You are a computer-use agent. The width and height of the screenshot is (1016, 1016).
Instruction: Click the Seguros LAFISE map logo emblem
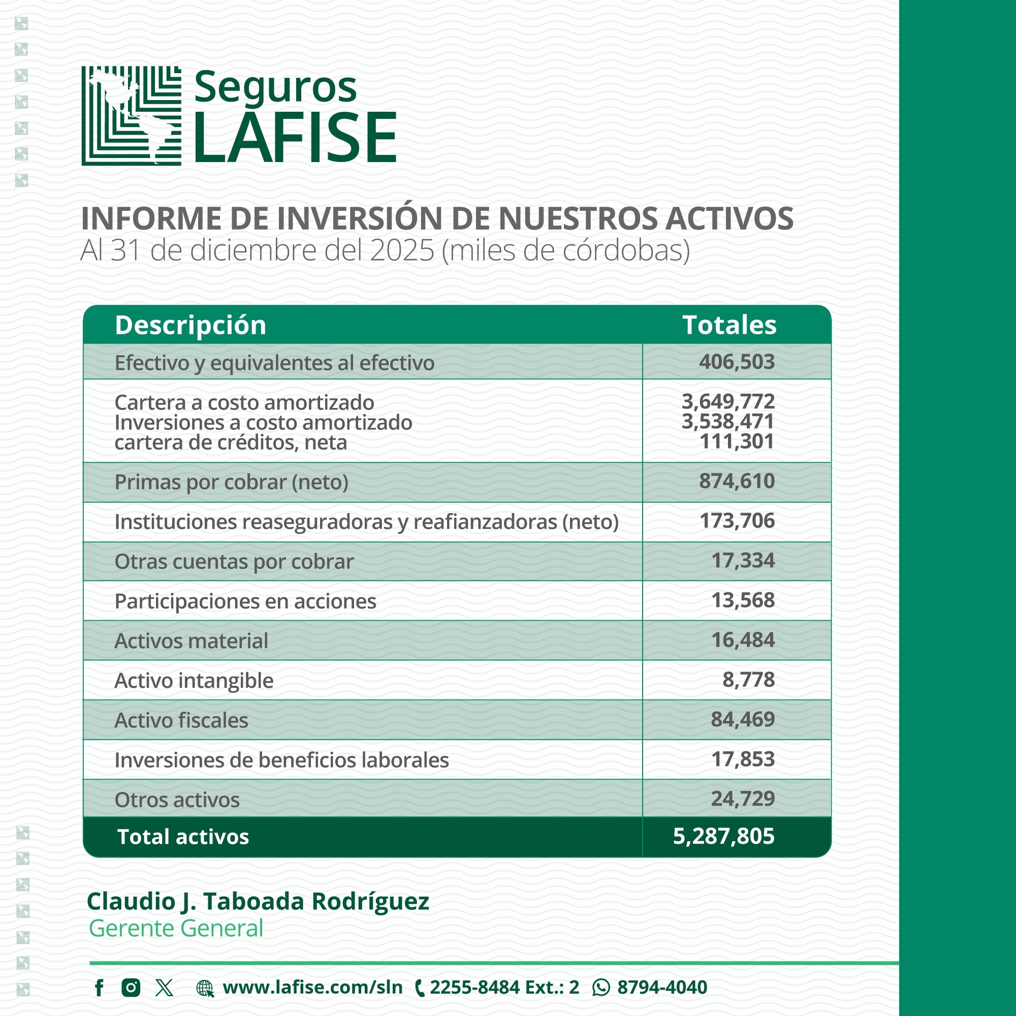pyautogui.click(x=132, y=116)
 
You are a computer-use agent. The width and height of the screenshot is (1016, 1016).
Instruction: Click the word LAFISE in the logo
pyautogui.click(x=295, y=137)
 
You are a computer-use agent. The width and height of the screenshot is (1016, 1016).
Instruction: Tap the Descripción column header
pyautogui.click(x=190, y=325)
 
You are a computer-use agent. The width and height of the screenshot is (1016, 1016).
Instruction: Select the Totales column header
pyautogui.click(x=729, y=325)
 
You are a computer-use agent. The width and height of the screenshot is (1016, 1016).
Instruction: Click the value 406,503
pyautogui.click(x=736, y=362)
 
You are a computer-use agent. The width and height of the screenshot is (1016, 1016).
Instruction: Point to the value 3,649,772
pyautogui.click(x=728, y=401)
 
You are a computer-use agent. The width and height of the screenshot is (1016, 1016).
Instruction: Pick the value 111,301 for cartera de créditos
pyautogui.click(x=736, y=442)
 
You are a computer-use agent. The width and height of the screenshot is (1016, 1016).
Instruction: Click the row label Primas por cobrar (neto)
pyautogui.click(x=231, y=482)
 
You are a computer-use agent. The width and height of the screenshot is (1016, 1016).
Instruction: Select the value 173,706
pyautogui.click(x=736, y=521)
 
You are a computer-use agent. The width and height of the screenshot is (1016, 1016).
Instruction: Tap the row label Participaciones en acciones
pyautogui.click(x=245, y=601)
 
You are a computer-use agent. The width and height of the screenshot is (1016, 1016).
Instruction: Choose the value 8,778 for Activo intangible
pyautogui.click(x=748, y=679)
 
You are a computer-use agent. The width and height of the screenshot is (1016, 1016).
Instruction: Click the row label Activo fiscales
pyautogui.click(x=181, y=720)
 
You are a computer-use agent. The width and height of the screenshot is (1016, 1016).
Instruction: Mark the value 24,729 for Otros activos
pyautogui.click(x=743, y=798)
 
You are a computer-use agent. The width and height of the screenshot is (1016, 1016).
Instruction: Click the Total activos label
pyautogui.click(x=183, y=837)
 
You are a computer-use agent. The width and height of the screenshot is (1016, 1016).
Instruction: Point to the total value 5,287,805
pyautogui.click(x=723, y=836)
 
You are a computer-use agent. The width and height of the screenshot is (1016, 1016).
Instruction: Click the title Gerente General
pyautogui.click(x=176, y=928)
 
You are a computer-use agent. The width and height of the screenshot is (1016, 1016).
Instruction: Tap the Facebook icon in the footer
pyautogui.click(x=99, y=988)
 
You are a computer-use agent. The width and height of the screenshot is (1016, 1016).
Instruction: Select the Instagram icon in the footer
pyautogui.click(x=131, y=988)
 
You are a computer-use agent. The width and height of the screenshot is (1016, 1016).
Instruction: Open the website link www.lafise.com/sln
pyautogui.click(x=312, y=988)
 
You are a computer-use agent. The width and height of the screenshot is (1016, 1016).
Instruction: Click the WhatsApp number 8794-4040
pyautogui.click(x=661, y=988)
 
